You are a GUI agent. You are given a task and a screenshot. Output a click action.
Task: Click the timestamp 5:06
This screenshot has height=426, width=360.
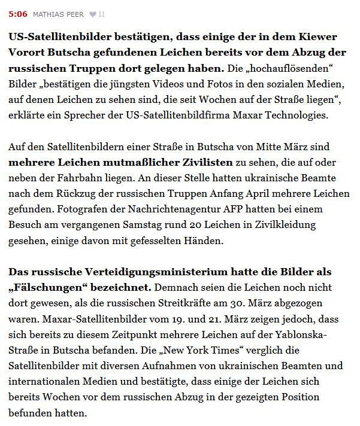[17, 14]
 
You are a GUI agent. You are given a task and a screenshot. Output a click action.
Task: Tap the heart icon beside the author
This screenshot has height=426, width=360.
[92, 14]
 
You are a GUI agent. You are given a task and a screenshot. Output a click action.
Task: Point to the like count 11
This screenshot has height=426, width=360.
[101, 14]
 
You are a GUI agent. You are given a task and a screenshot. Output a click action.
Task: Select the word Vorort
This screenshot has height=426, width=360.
[26, 51]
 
